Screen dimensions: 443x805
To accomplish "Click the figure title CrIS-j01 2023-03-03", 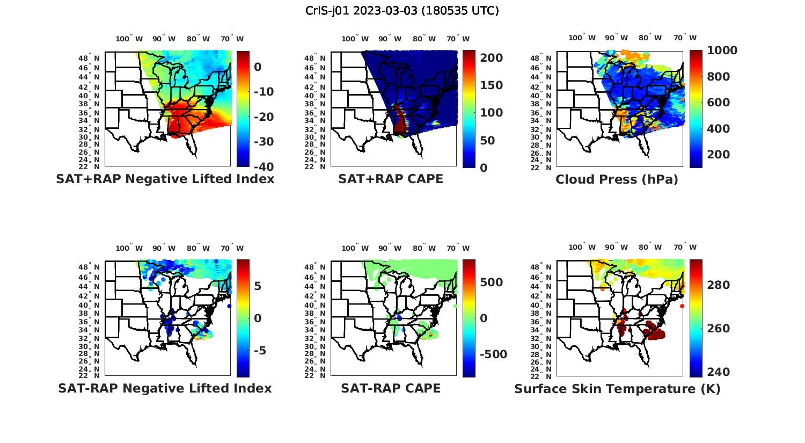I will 402,11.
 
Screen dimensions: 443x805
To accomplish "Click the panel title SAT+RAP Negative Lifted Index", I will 165,179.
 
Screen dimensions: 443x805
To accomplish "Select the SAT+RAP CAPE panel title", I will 391,179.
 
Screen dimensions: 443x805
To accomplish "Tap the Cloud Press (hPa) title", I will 617,179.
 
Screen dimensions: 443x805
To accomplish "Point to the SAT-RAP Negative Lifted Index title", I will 165,388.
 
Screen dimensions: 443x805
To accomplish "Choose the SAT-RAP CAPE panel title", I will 391,388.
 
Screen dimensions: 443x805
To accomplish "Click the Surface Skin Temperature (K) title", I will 617,389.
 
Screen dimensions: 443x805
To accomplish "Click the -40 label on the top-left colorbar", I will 264,167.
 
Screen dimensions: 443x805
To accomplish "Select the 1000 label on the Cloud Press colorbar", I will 722,50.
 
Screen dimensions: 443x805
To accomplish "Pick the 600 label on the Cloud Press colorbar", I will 719,103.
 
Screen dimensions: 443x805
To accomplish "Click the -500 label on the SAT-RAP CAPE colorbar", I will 489,354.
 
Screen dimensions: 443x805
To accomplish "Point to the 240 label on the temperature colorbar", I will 719,372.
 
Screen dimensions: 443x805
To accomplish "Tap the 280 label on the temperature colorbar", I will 719,285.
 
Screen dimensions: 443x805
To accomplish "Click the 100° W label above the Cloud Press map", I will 582,38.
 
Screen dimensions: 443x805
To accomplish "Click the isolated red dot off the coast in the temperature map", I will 682,306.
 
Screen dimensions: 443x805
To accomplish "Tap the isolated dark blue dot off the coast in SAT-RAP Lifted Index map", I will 229,306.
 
